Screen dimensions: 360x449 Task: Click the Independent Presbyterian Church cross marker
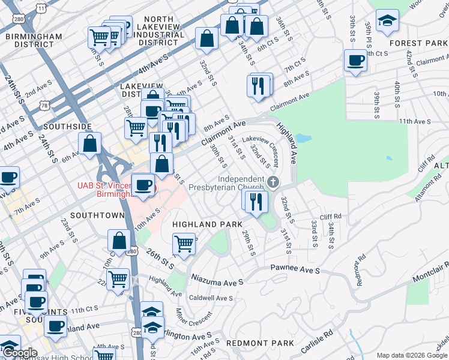coord(274,182)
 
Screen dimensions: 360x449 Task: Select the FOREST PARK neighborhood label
coord(418,43)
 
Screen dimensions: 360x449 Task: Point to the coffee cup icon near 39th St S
coord(356,60)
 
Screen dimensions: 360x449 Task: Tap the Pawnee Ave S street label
coord(295,271)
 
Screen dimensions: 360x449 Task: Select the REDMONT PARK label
coord(260,343)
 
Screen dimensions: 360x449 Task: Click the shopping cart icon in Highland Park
coord(184,243)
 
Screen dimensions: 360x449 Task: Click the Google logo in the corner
coord(20,353)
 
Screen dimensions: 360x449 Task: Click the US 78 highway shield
coord(45,106)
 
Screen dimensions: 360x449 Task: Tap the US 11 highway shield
coord(41,7)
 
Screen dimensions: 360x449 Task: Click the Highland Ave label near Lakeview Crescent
coord(286,144)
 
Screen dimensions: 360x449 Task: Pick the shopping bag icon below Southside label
coord(90,144)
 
